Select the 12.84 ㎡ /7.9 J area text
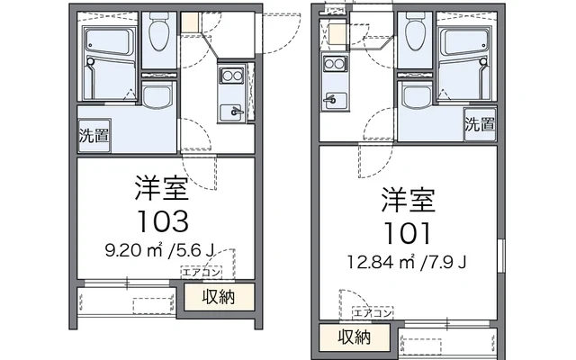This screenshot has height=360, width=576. (408, 264)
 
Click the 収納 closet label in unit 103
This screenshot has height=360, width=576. (218, 297)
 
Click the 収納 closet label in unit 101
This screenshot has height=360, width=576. (354, 337)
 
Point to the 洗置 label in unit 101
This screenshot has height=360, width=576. (479, 125)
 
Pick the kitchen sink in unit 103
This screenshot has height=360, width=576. (232, 112)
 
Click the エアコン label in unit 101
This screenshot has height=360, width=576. (371, 313)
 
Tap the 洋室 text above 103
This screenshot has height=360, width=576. (162, 188)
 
